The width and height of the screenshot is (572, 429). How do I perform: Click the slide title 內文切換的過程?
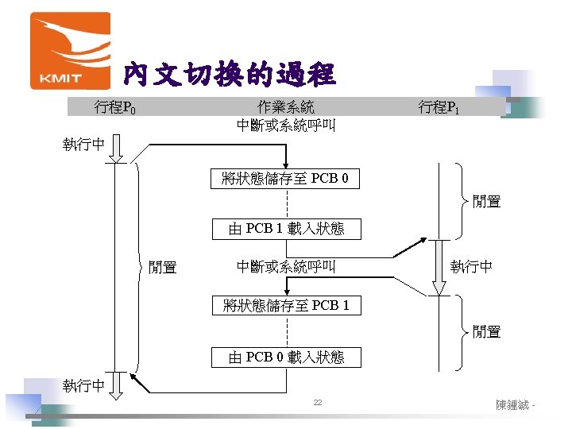(x=229, y=75)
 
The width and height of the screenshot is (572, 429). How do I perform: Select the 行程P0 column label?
(x=114, y=107)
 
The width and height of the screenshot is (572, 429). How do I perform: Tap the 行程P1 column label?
(x=439, y=107)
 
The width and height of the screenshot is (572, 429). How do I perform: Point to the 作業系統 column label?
(x=286, y=107)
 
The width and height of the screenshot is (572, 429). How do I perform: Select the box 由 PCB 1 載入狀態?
(x=286, y=229)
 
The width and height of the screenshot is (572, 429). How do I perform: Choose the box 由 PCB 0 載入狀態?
(x=286, y=357)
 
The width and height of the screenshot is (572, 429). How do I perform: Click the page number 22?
(x=317, y=404)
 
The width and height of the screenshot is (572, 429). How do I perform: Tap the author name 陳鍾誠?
(x=513, y=405)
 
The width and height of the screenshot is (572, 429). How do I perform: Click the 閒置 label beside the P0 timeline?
(x=163, y=268)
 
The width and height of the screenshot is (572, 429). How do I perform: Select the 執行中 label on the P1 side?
(x=471, y=268)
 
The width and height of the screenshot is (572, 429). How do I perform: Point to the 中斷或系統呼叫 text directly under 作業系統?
(x=286, y=126)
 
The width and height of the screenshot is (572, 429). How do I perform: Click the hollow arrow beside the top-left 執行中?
(x=117, y=149)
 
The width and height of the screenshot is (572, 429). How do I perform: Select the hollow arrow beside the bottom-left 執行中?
(x=117, y=385)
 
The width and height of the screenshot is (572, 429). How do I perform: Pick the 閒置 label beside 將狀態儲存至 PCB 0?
(x=486, y=202)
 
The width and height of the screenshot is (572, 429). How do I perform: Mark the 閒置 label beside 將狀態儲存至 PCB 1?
(x=486, y=332)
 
